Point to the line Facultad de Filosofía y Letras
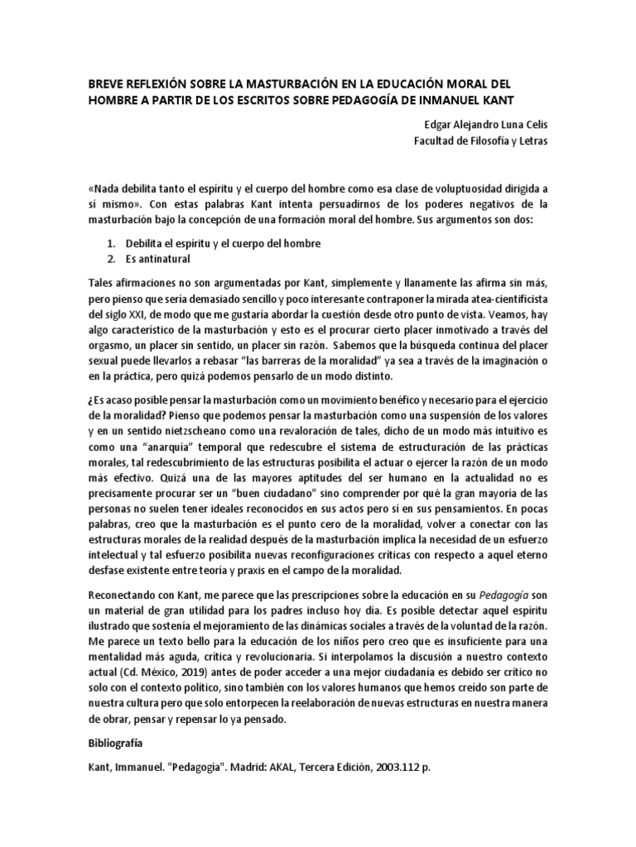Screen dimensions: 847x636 coord(480,140)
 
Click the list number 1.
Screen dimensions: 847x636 coord(111,243)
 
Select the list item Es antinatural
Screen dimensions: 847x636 coord(158,259)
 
